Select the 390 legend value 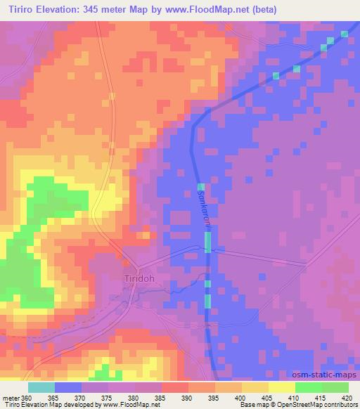pos(188,397)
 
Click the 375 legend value pos(108,397)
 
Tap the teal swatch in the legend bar pos(41,387)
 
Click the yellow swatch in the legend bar pos(281,387)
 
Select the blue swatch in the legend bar pos(67,387)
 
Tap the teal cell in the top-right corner pos(345,33)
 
